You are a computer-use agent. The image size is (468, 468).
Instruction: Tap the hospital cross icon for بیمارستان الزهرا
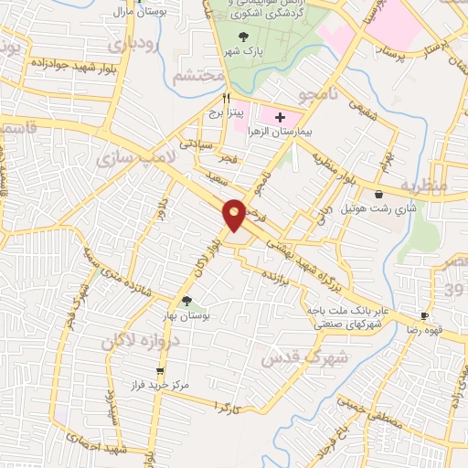point(281,118)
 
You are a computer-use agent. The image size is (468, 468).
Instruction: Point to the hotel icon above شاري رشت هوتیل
point(378,194)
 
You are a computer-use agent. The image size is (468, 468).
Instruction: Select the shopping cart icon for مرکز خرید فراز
point(161,371)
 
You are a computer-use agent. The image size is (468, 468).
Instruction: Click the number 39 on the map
point(455,289)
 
